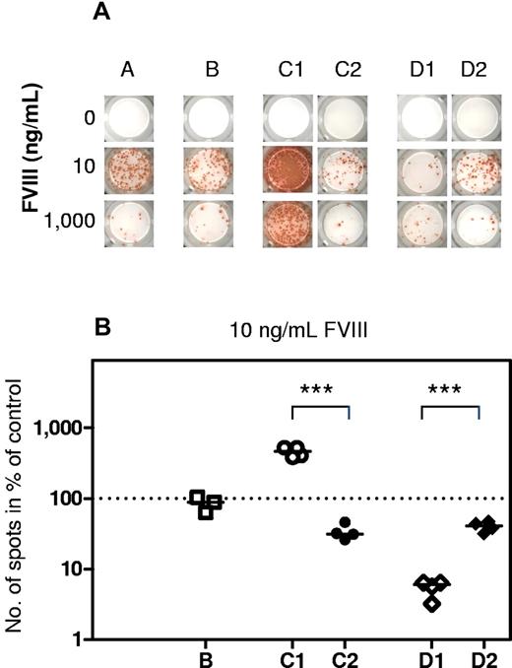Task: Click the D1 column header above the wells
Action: point(421,71)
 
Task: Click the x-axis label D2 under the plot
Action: point(478,654)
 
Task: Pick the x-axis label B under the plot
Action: point(208,654)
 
